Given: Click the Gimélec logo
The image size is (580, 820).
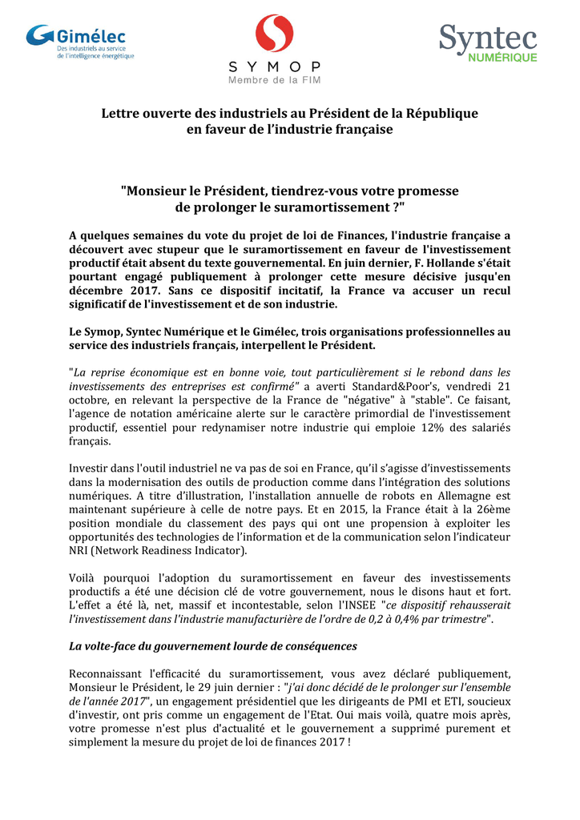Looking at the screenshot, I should [x=79, y=42].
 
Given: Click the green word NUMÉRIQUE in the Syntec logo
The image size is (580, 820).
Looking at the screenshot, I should [x=502, y=58].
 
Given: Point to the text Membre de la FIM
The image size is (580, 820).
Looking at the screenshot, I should [x=274, y=80].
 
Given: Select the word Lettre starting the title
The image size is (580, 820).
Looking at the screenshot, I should [x=121, y=113].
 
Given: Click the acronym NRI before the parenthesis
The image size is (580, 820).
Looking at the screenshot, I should [x=81, y=551].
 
